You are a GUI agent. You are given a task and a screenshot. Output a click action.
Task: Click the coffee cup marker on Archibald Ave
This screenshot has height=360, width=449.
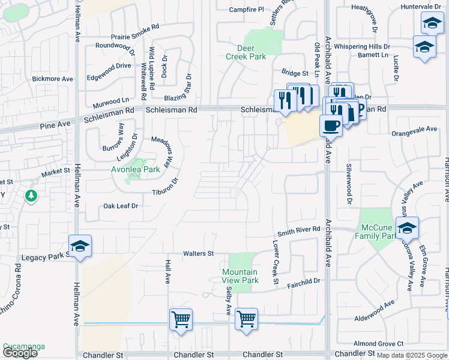click(330, 125)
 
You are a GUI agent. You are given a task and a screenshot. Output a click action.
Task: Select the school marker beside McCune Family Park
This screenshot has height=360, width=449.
click(407, 228)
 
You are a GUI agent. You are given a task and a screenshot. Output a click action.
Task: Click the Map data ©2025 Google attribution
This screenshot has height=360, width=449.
click(411, 355)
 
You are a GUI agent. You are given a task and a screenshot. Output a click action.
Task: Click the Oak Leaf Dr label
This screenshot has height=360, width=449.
click(121, 206)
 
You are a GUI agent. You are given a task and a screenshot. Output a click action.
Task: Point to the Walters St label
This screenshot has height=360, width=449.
click(199, 254)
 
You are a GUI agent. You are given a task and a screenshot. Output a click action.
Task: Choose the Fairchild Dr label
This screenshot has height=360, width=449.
click(304, 280)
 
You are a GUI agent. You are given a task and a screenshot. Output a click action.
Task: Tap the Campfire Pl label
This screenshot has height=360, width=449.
click(247, 10)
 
